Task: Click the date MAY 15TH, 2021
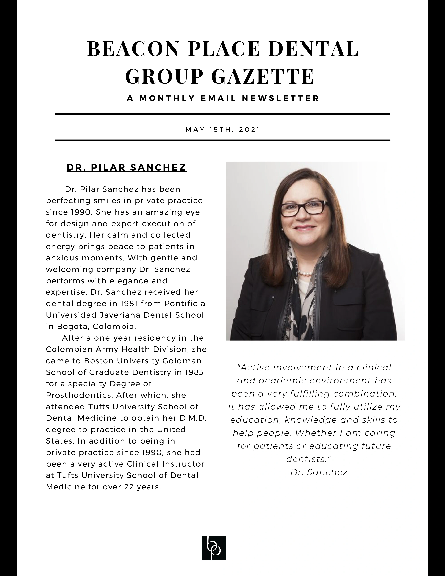(x=223, y=130)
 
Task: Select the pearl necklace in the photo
(x=306, y=273)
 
